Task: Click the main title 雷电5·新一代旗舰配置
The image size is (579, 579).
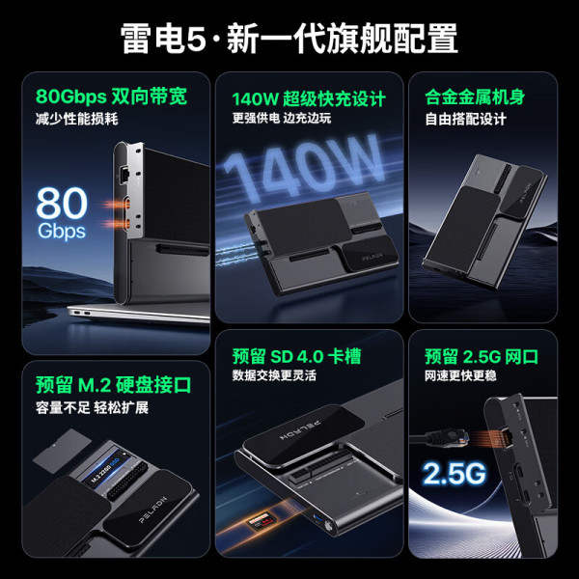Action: (x=289, y=39)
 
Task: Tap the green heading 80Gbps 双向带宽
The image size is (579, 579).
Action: (x=112, y=96)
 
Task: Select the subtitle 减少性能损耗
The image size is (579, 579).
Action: (x=77, y=119)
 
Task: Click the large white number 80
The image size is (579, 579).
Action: (x=62, y=203)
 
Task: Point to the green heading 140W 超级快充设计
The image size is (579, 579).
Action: (x=309, y=99)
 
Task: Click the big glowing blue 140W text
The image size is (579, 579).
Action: (x=303, y=168)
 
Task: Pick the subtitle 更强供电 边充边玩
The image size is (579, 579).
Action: (x=282, y=118)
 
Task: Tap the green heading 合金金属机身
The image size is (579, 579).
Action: (x=475, y=96)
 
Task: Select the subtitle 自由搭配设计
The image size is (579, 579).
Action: (x=465, y=120)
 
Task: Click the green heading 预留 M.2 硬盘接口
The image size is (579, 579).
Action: (x=113, y=385)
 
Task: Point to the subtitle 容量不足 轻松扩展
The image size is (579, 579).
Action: (x=92, y=407)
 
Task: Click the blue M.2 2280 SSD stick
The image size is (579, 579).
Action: (x=109, y=468)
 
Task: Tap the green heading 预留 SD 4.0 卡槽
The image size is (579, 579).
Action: (x=296, y=356)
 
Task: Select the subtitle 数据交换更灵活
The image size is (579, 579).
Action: (x=274, y=375)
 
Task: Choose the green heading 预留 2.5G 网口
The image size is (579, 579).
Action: (x=482, y=357)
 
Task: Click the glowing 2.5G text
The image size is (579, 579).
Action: (x=455, y=473)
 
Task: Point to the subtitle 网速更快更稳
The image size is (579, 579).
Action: (x=460, y=375)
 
